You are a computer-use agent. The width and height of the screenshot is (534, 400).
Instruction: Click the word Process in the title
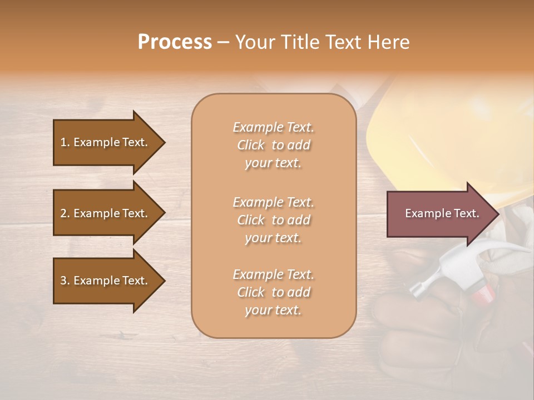175,42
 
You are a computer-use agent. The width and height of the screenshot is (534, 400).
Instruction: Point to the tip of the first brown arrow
164,142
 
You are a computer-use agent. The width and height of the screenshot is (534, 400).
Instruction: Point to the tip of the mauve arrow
498,214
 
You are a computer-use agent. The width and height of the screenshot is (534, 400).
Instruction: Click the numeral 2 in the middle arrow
63,213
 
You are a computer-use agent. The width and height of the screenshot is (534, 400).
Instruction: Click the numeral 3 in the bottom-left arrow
63,281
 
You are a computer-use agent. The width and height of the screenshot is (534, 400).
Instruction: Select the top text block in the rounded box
273,145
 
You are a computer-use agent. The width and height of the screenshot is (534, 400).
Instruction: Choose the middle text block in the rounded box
273,220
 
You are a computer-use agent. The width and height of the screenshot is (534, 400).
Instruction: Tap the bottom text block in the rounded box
273,292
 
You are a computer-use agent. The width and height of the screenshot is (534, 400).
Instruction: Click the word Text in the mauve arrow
466,213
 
